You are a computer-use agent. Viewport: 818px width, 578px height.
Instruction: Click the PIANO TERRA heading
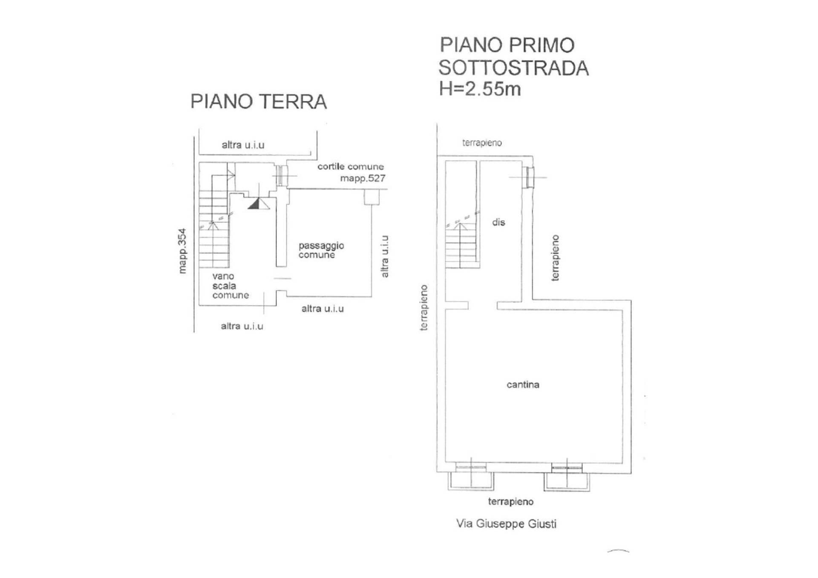[x=259, y=101]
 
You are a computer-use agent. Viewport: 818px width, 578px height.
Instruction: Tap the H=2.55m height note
[x=480, y=89]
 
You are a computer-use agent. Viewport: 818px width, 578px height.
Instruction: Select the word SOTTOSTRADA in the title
[x=513, y=68]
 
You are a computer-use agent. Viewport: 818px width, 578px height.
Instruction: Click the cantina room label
[x=523, y=385]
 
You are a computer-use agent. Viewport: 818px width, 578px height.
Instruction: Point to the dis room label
[x=498, y=222]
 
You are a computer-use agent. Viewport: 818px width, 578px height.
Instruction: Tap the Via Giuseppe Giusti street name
[x=506, y=523]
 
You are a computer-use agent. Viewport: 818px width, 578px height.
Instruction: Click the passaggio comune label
[x=321, y=250]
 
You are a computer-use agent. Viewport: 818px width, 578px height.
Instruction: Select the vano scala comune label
[x=230, y=285]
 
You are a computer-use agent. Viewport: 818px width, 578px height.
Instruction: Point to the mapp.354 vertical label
[x=182, y=251]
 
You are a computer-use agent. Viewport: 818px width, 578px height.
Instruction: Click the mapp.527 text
[x=363, y=178]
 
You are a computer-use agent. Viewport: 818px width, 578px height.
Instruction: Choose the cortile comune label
[x=351, y=167]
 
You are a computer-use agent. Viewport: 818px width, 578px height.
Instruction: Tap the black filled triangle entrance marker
[x=254, y=204]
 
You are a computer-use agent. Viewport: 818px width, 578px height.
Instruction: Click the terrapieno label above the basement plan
[x=482, y=143]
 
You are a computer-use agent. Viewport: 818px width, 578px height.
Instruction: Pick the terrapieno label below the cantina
[x=511, y=502]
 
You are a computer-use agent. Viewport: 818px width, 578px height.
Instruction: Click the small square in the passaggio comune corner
[x=372, y=197]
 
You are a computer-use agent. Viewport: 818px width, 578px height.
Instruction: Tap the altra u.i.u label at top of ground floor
[x=243, y=145]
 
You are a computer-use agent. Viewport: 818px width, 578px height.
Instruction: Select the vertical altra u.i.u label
[x=385, y=256]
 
